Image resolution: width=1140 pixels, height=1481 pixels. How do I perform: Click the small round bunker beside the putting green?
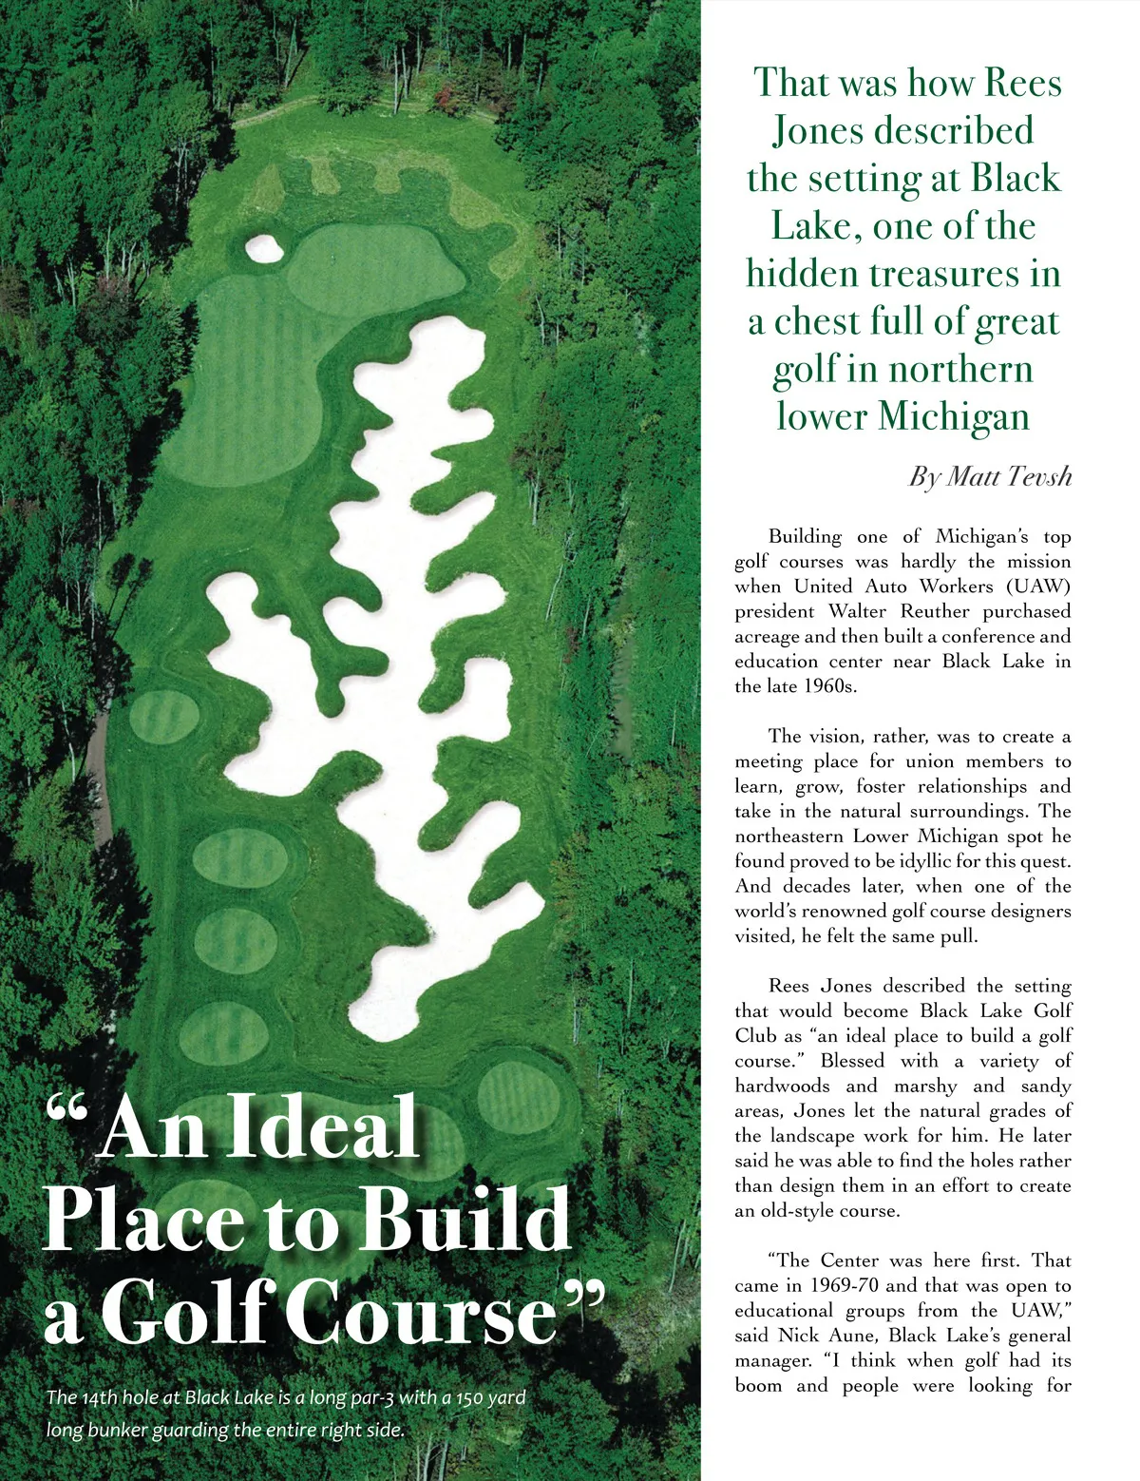(x=264, y=248)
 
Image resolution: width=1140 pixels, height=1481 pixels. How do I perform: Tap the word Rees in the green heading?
(x=1022, y=83)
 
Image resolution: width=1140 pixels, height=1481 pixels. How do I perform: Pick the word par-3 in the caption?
(x=353, y=1398)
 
